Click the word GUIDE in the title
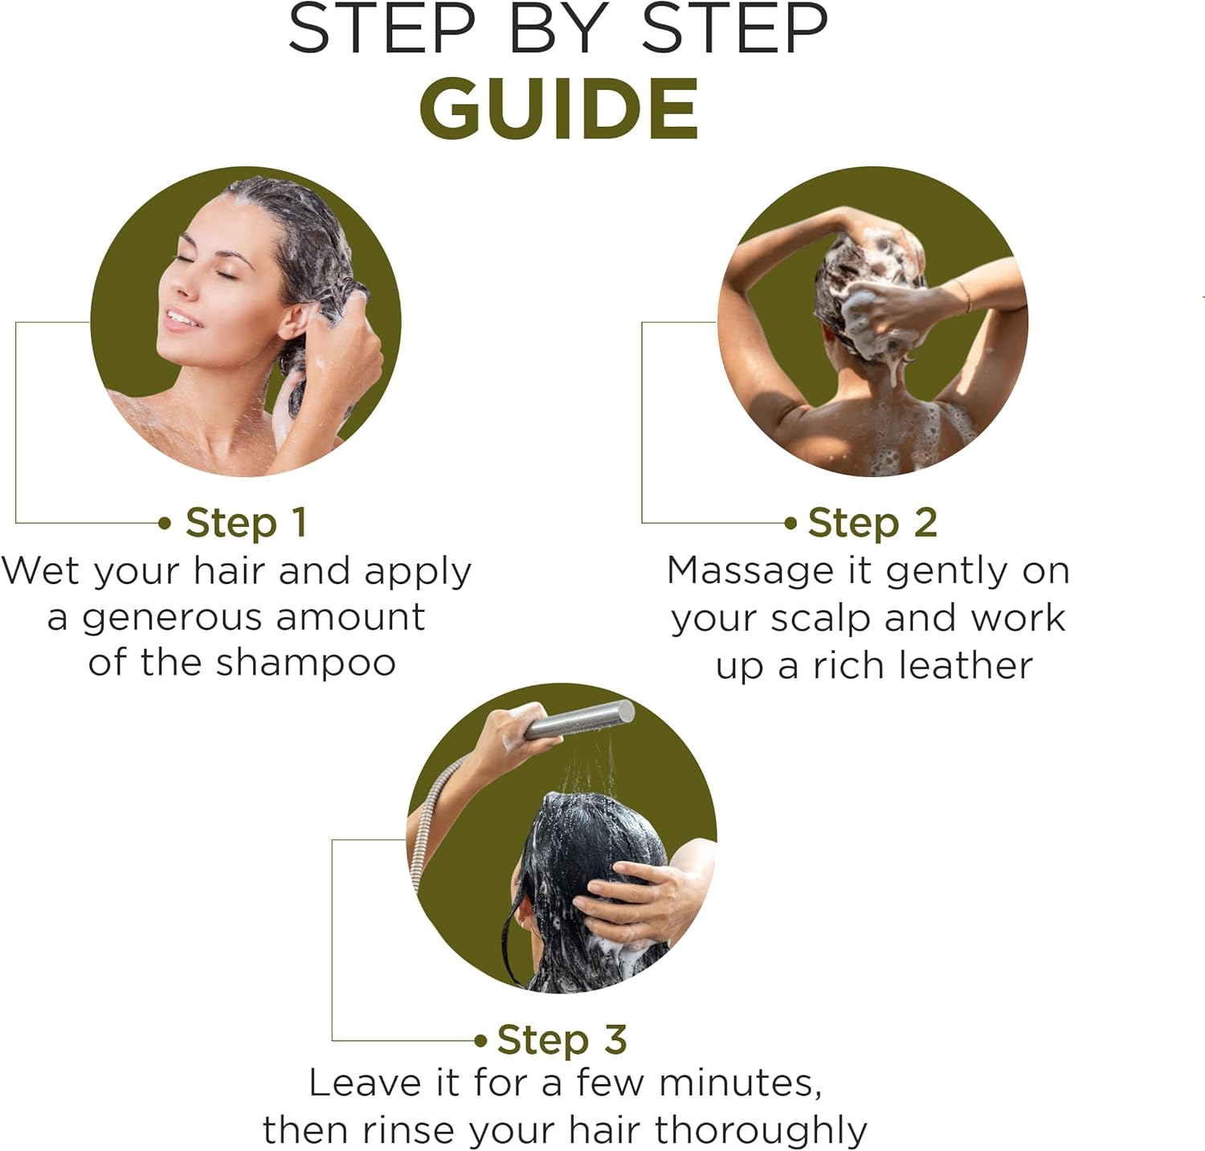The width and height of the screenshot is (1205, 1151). point(558,109)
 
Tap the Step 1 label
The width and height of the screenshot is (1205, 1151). point(247,523)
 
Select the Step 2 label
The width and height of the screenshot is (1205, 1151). point(872,523)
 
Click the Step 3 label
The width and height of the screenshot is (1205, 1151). point(562,1040)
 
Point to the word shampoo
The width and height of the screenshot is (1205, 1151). point(306,664)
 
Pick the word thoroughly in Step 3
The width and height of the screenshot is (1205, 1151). point(761,1131)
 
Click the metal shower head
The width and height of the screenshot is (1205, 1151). point(579,719)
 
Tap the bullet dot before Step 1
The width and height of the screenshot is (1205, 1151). point(165,524)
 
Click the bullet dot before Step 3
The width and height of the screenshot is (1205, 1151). point(480,1041)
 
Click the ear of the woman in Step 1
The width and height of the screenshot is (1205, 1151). point(295,321)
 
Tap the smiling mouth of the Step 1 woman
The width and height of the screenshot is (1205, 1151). point(181,318)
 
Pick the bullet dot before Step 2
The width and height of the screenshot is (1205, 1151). point(790,524)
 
